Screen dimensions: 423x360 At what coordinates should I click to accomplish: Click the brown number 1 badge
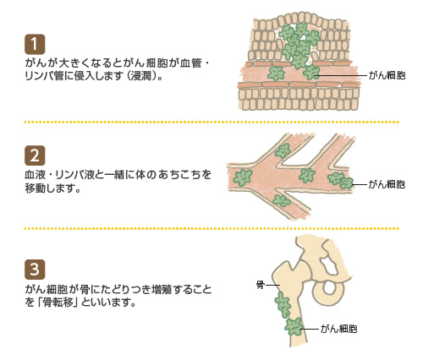point(35,44)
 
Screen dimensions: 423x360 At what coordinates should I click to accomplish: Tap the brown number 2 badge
point(35,155)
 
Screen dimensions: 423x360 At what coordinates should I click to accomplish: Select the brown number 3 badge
point(35,270)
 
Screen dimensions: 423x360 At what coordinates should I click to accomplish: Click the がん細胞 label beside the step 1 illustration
point(387,75)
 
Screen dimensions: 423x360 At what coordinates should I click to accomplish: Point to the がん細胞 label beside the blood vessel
point(387,184)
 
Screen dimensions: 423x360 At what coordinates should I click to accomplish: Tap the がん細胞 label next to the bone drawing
point(339,329)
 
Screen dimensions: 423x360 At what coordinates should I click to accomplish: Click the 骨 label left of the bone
point(261,285)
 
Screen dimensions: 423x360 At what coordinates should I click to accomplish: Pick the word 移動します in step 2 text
point(52,188)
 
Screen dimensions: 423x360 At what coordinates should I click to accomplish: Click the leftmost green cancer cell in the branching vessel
point(243,177)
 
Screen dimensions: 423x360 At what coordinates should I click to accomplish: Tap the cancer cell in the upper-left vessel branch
point(283,150)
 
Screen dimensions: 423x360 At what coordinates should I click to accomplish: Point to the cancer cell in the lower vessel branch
point(282,200)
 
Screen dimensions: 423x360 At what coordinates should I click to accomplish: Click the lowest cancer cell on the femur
point(294,326)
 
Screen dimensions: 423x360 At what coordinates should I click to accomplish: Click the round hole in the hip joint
point(328,288)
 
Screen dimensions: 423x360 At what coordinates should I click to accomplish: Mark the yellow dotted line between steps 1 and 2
point(211,123)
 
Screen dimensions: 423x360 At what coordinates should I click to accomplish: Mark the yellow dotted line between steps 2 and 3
point(211,228)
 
